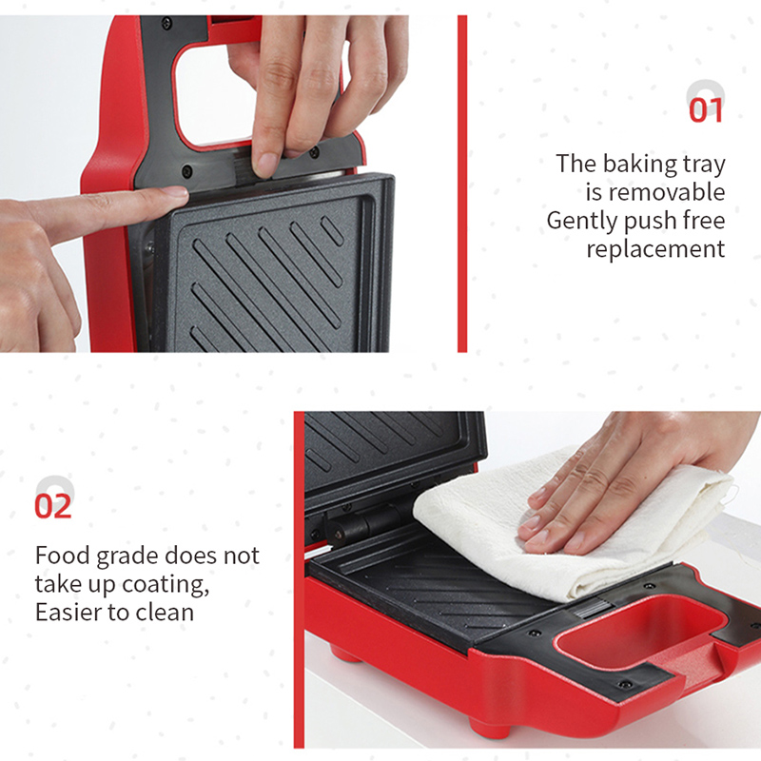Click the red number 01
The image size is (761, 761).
(706, 110)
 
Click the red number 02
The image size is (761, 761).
(53, 506)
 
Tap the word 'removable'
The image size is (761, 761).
(667, 192)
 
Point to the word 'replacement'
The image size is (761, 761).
(655, 249)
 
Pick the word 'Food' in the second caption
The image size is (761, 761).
(62, 556)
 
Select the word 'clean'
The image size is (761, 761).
(165, 612)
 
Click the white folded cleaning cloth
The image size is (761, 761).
(573, 524)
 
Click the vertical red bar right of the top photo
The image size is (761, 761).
(462, 184)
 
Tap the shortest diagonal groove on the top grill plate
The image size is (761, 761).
(332, 230)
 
